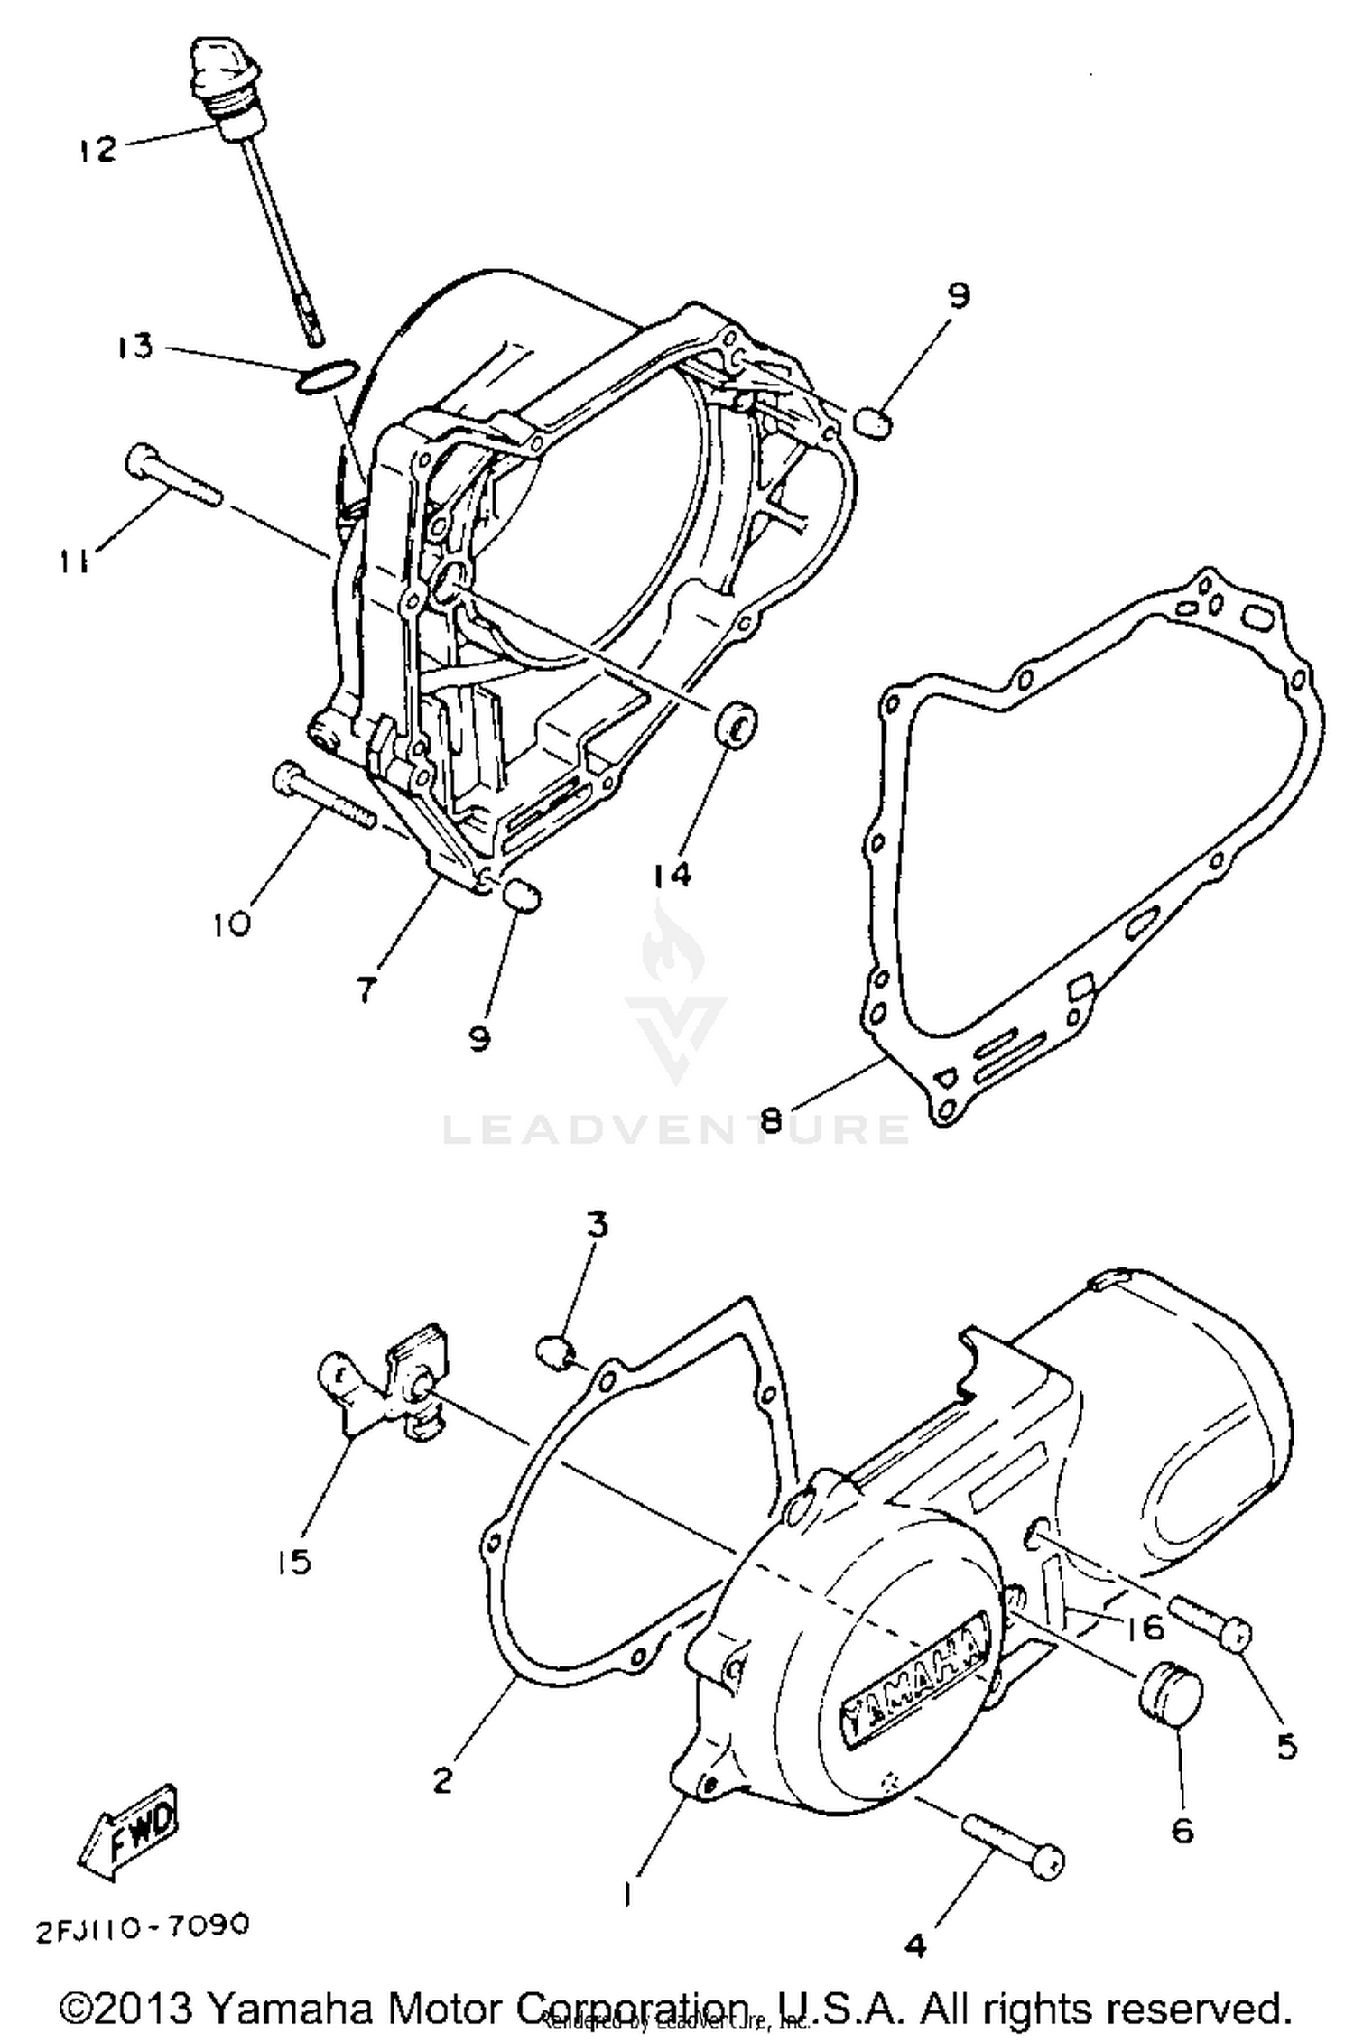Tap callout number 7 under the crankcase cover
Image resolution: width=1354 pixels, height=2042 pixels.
coord(365,990)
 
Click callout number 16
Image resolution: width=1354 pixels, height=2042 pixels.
coord(1144,1627)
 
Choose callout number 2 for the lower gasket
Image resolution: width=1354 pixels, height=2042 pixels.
coord(441,1782)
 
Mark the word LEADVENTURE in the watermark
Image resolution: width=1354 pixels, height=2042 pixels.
coord(676,1128)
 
